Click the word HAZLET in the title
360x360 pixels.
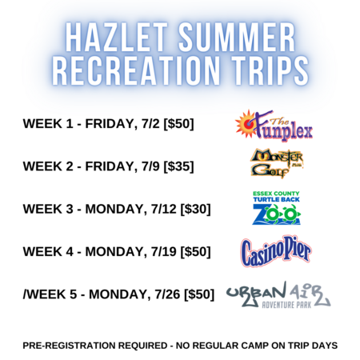116,37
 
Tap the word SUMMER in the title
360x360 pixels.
237,37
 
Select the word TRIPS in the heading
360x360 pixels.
270,70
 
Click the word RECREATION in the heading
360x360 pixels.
136,70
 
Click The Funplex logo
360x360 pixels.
274,125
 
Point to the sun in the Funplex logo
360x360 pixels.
246,123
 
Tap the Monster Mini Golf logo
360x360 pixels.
277,163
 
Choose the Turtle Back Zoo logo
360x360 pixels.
276,208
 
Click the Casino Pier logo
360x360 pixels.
276,251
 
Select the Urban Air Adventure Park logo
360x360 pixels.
278,295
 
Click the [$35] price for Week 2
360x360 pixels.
178,166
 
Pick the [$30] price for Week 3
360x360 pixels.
195,209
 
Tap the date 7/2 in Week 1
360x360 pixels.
150,124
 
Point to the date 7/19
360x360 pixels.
164,252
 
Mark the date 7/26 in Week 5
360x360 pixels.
167,294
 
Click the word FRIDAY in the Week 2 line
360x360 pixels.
111,167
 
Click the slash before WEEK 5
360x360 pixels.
24,294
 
